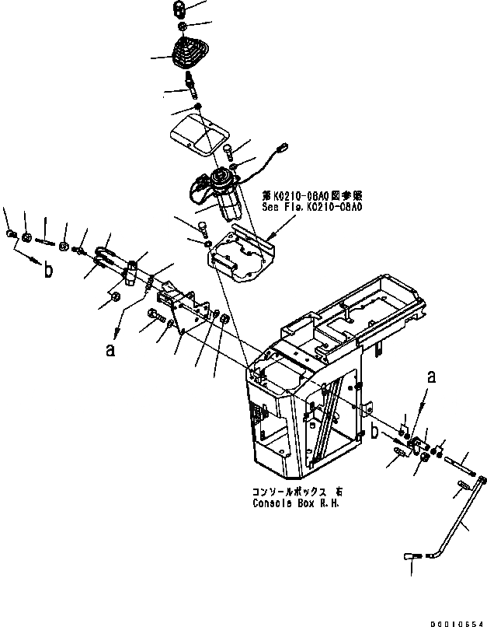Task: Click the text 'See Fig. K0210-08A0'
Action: click(311, 208)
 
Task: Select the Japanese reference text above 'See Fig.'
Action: click(311, 197)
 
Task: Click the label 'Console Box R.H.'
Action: click(295, 503)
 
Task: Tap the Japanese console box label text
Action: click(295, 492)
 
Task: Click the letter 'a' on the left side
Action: click(110, 350)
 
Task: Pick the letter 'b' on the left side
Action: click(49, 271)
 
